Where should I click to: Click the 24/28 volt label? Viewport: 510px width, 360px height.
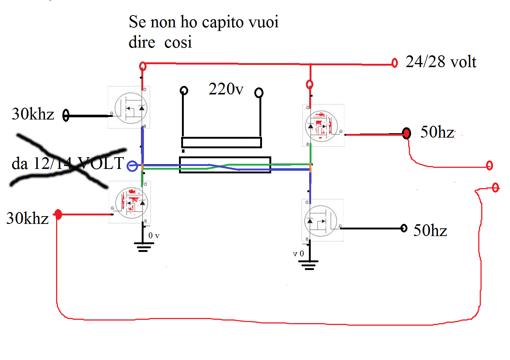pos(441,62)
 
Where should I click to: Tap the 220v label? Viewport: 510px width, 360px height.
pos(226,89)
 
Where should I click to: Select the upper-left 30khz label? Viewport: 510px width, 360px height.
pos(33,114)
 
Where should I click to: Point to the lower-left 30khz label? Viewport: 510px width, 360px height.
pos(28,218)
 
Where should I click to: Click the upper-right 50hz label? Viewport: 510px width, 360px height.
pos(437,132)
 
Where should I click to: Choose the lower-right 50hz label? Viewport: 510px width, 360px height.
pos(430,231)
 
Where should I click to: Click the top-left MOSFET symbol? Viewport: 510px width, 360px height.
pos(129,107)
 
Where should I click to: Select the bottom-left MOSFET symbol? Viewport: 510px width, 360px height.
pos(130,202)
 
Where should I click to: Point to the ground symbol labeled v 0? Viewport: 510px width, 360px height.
pos(309,264)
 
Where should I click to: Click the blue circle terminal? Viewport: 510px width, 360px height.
pos(132,166)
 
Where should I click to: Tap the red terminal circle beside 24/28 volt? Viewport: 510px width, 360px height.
pos(394,63)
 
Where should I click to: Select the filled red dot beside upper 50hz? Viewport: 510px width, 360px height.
pos(406,133)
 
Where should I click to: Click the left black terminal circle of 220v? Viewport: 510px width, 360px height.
pos(184,90)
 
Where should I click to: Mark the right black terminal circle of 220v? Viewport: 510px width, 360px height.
pos(259,92)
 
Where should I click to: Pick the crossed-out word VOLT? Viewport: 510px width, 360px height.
pos(100,163)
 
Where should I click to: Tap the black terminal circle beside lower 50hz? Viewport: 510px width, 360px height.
pos(404,228)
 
